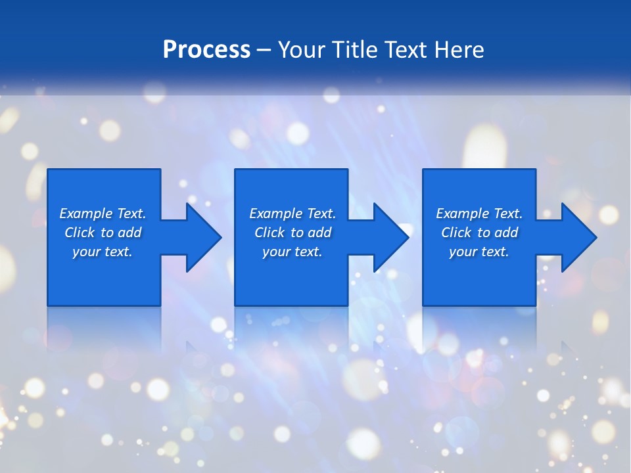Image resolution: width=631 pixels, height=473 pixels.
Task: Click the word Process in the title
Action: coord(206,50)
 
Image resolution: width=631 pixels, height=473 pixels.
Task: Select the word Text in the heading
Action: coord(407,50)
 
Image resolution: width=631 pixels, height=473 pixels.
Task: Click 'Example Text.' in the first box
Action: coord(103,214)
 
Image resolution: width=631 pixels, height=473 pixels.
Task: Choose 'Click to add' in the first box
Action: coord(103,233)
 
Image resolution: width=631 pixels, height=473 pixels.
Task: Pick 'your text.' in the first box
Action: coord(103,252)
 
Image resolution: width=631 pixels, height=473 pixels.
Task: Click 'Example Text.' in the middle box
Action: coord(292,214)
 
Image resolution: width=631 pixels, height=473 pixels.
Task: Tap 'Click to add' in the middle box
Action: coord(292,233)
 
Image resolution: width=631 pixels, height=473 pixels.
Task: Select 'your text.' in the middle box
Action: coord(292,252)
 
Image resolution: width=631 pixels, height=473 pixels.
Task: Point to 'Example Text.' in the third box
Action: coord(479,214)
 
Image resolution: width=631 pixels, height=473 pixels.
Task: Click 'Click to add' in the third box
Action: coord(479,233)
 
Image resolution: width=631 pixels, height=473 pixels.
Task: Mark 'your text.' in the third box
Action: coord(479,252)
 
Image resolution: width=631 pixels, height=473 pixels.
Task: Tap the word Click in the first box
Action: coord(80,233)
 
